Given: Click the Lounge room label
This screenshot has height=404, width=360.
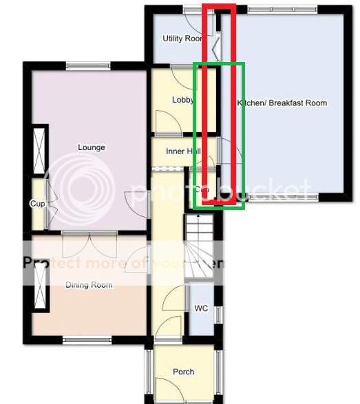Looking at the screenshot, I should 91,147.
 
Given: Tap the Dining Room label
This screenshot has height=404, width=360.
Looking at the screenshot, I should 89,284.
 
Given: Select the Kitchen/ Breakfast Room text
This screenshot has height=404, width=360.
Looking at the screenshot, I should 282,103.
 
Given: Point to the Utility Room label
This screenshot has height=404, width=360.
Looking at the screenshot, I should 182,39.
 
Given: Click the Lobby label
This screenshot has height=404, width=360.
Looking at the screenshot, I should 182,100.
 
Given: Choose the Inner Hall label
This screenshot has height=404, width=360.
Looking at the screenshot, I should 182,151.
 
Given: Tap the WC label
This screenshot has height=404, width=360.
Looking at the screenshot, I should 201,308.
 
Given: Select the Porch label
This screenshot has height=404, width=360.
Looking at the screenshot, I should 183,372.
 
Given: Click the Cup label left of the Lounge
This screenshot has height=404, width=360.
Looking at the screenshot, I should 36,204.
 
